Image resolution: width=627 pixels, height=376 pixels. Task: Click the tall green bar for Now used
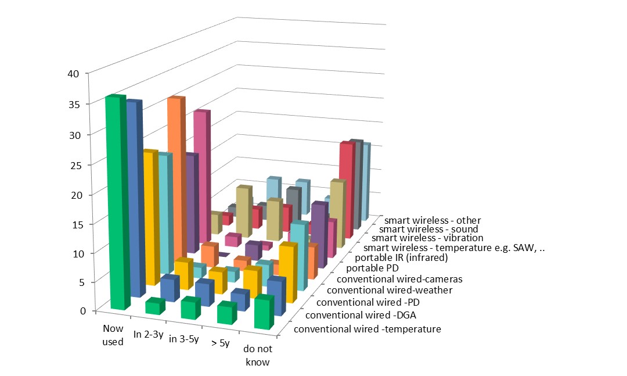114,203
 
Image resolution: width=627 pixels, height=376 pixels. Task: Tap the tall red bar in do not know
346,189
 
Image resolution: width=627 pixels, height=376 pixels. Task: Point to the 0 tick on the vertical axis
82,310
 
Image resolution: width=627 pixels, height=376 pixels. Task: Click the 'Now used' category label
113,336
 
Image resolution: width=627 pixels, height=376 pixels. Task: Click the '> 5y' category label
220,343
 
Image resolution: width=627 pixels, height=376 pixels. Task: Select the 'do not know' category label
257,356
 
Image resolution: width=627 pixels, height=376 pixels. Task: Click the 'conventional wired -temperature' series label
367,330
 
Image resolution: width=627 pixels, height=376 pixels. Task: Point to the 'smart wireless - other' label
432,220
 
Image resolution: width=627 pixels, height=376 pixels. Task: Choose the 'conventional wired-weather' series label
390,290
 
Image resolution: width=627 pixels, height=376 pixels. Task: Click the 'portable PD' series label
371,268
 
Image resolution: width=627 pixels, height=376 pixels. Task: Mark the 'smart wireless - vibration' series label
427,238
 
